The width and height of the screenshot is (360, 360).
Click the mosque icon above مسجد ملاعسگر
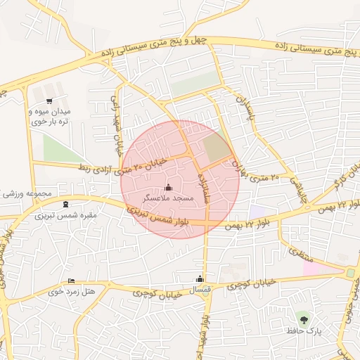click(168, 187)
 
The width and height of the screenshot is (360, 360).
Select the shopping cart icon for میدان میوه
click(49, 101)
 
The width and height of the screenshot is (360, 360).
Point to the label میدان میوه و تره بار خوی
click(49, 116)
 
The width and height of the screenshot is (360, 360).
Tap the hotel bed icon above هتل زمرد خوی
click(71, 281)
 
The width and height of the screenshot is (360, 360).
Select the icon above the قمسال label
click(200, 278)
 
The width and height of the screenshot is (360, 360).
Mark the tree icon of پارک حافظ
click(304, 317)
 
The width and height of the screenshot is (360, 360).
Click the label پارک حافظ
click(304, 330)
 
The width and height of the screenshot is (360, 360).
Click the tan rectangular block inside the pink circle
click(217, 146)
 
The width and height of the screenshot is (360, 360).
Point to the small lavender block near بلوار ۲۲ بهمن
click(257, 211)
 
